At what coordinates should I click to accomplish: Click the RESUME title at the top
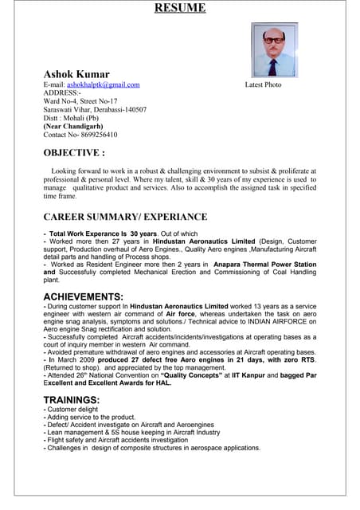tap(179, 9)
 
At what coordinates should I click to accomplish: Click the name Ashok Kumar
tap(76, 74)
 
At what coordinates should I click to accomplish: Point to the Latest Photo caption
tap(263, 84)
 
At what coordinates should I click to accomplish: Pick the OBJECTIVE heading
tap(74, 152)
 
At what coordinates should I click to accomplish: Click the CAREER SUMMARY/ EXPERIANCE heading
tap(125, 217)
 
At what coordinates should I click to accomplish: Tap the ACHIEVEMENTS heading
tap(83, 297)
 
